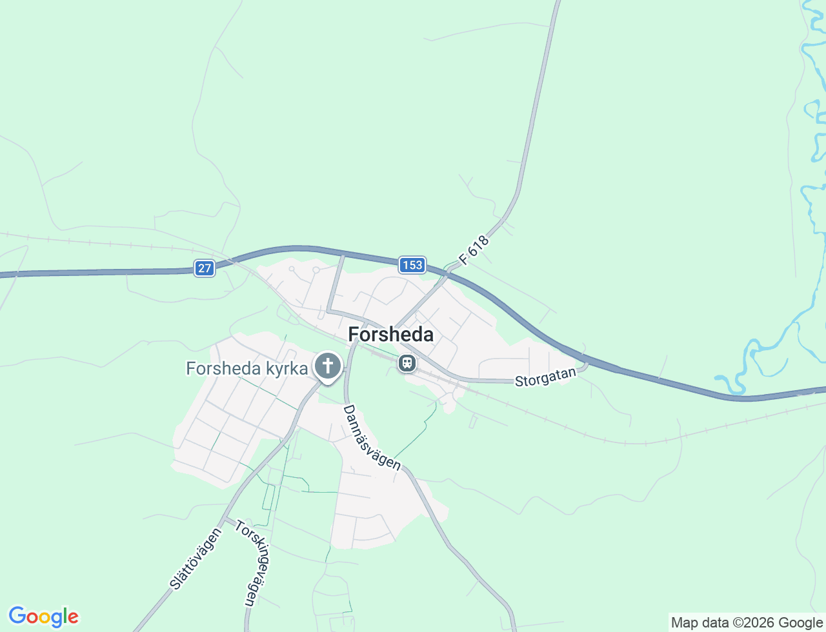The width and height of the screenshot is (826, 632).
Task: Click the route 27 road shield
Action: (x=205, y=268)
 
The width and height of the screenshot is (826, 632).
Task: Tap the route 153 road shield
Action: (x=412, y=264)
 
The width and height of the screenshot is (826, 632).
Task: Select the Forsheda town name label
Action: (x=390, y=334)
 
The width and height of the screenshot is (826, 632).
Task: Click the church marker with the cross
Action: (x=328, y=366)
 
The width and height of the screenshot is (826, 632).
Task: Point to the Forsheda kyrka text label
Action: (x=247, y=368)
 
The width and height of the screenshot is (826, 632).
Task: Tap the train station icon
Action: (x=407, y=363)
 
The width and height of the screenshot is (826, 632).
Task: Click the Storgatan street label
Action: (x=545, y=377)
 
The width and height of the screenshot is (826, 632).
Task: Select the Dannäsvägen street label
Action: (x=372, y=437)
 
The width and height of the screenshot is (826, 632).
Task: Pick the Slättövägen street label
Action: (x=196, y=558)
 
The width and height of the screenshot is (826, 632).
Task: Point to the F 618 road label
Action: (x=474, y=250)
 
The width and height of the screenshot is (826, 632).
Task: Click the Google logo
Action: (x=43, y=617)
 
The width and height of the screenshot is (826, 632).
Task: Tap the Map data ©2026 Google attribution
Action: (x=747, y=622)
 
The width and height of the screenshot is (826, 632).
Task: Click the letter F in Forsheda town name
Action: (x=354, y=334)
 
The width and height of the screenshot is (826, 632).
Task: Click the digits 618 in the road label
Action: (x=479, y=246)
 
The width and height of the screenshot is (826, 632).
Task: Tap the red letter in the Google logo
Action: (x=74, y=617)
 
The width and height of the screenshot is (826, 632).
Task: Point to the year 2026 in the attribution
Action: (x=754, y=622)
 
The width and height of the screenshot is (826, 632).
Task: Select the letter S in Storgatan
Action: (x=518, y=382)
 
